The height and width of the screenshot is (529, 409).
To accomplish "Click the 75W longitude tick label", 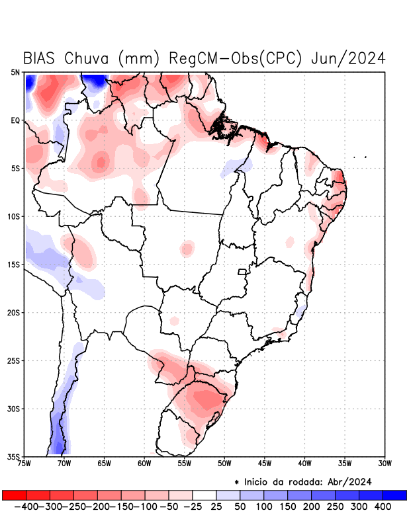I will [24, 463].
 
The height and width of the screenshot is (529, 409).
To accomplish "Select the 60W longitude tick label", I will [144, 463].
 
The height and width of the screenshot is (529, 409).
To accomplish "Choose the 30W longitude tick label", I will [385, 463].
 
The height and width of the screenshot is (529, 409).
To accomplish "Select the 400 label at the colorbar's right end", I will [382, 507].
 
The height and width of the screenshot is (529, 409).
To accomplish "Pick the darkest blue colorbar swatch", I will [394, 495].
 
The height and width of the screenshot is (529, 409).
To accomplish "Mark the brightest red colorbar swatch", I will [14, 495].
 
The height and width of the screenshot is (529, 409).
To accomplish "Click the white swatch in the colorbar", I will [204, 495].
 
